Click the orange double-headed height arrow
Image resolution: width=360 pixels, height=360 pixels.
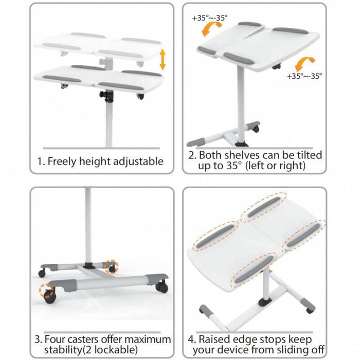[x=163, y=60]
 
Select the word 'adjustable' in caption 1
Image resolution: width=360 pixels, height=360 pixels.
[x=138, y=161]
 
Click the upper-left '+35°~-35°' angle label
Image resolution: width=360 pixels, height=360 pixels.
[x=210, y=18]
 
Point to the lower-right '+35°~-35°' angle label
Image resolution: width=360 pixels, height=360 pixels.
[x=304, y=76]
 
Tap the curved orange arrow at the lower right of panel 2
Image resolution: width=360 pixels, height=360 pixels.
[x=304, y=64]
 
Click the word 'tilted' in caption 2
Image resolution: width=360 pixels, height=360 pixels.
[x=310, y=155]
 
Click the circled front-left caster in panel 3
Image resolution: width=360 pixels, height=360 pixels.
[x=49, y=294]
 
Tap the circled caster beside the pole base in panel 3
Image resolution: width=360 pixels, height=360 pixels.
[x=112, y=267]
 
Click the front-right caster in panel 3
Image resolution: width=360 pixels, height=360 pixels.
[x=161, y=286]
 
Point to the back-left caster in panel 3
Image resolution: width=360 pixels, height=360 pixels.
[x=42, y=273]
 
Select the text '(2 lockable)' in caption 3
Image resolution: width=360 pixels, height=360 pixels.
[x=110, y=350]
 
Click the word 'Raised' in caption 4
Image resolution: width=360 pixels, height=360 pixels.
[x=214, y=339]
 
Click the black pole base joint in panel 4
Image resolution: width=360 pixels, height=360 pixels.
[x=266, y=302]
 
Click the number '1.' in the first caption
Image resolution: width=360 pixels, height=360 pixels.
[x=41, y=161]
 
